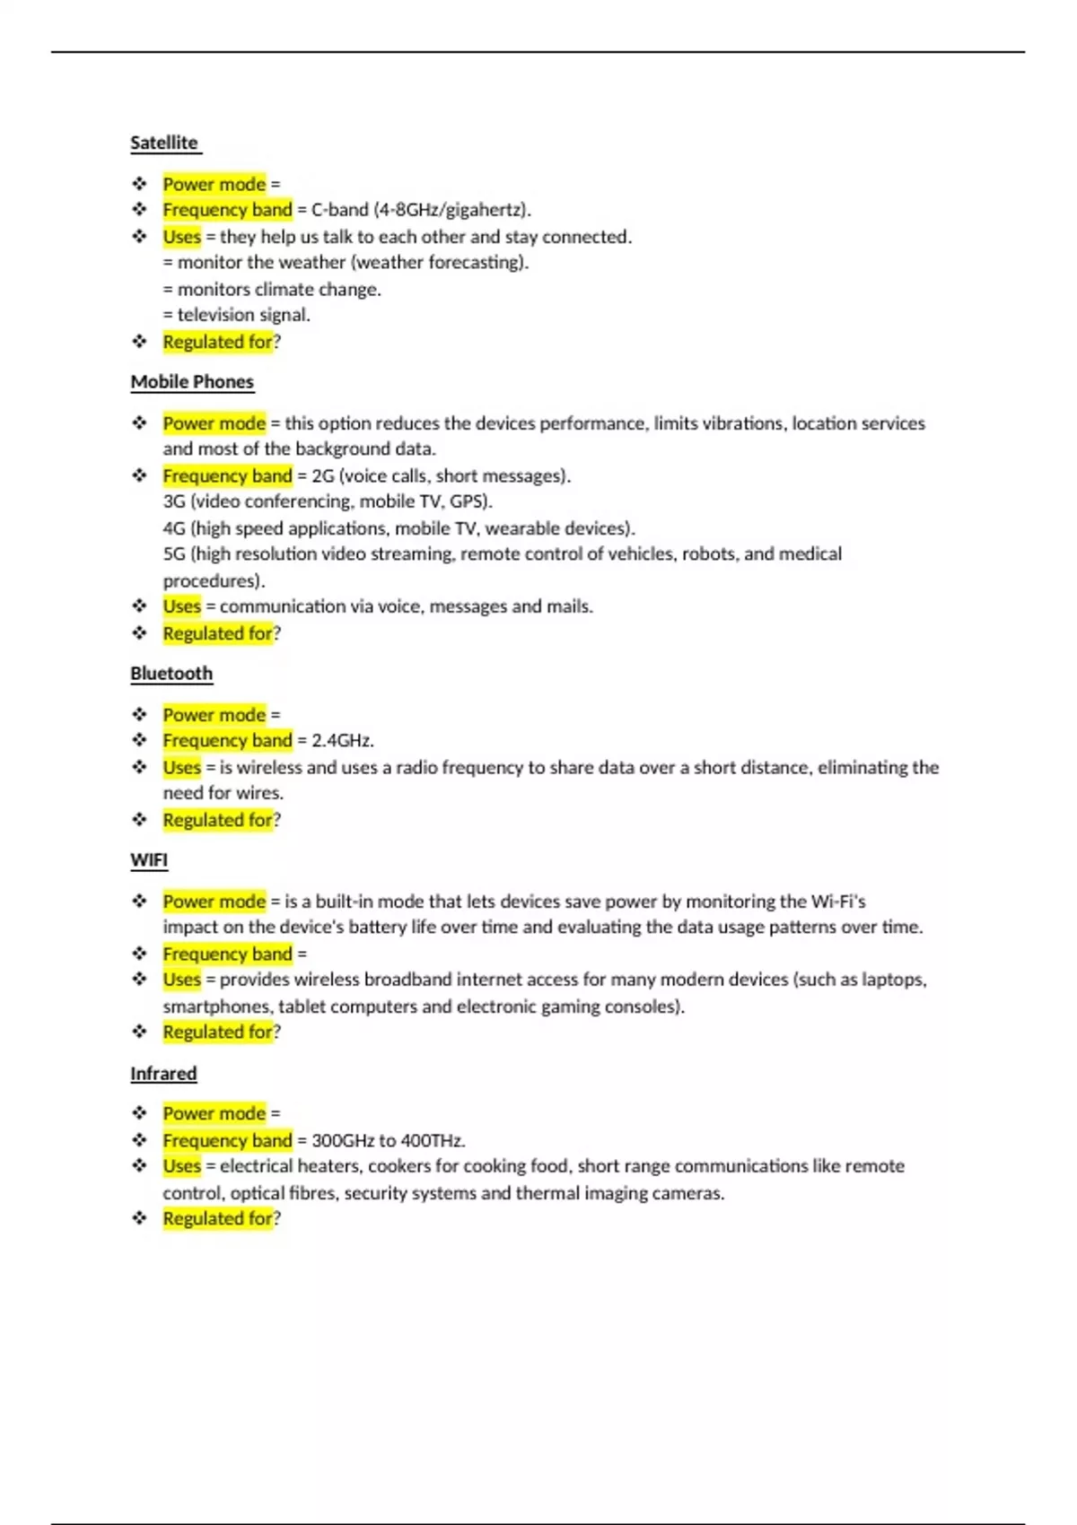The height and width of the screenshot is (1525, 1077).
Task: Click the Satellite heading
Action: [x=164, y=143]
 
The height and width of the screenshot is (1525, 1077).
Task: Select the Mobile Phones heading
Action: [x=192, y=382]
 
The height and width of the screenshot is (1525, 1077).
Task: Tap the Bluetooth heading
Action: [x=171, y=674]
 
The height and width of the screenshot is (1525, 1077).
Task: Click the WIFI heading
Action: [x=149, y=860]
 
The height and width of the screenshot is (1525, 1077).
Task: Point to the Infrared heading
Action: [x=163, y=1074]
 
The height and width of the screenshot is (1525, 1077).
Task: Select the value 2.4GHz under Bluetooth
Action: [x=342, y=741]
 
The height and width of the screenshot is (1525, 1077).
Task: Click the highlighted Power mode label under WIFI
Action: [x=214, y=902]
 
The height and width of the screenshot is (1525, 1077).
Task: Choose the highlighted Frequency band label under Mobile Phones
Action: [x=227, y=476]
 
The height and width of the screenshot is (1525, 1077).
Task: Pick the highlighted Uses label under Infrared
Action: [x=181, y=1166]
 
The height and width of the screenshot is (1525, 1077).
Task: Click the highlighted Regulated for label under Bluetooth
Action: [x=217, y=820]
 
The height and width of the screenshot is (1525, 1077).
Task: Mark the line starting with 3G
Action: [x=328, y=501]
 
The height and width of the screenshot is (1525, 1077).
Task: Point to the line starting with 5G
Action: [x=503, y=554]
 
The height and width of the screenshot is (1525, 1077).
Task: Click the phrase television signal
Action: [x=243, y=315]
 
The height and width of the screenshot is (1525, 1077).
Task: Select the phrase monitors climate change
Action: [x=279, y=290]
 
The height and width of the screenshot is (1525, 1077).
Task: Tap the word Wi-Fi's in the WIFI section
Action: [x=838, y=902]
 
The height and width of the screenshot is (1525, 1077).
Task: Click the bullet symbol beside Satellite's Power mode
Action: [x=139, y=184]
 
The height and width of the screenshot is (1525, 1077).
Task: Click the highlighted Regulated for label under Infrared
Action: [x=217, y=1219]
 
